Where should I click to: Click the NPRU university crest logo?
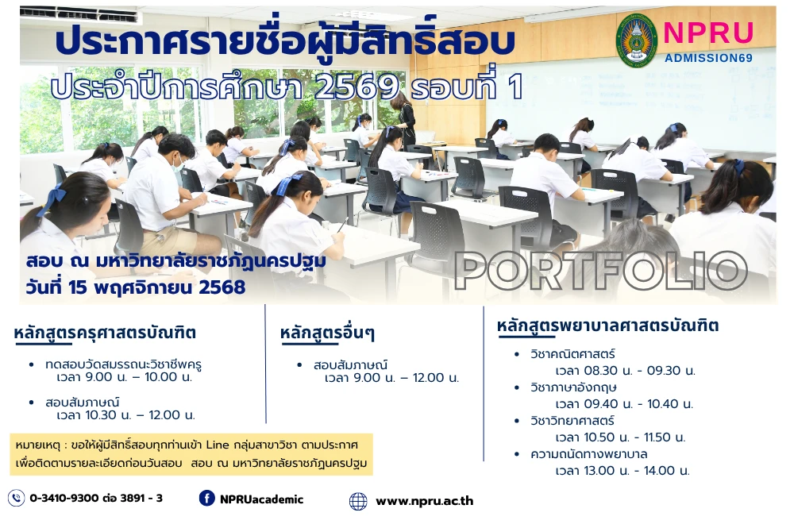(637, 40)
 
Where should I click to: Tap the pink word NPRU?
(708, 33)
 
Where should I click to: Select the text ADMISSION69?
(709, 57)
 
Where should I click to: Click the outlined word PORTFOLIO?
(601, 272)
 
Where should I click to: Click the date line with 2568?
(135, 287)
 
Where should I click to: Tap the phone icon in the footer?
(16, 498)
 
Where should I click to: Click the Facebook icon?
(207, 498)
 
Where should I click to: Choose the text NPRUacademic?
(262, 499)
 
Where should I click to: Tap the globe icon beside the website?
(358, 501)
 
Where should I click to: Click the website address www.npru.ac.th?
(425, 501)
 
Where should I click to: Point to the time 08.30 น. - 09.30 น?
(625, 371)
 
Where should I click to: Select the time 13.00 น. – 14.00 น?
(622, 471)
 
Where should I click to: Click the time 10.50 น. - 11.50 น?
(620, 437)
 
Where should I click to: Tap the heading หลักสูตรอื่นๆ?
(327, 334)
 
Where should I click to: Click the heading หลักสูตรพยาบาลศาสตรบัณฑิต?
(607, 326)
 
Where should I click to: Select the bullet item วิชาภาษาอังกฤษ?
(574, 387)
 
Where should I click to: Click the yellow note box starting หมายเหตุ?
(191, 453)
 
